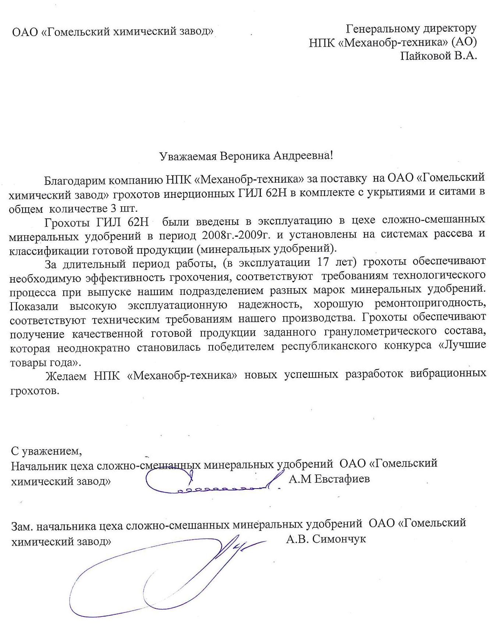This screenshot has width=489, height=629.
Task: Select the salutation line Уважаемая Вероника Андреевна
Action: [245, 156]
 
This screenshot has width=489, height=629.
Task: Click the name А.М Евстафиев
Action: [329, 479]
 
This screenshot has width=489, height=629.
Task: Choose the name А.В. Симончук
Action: [326, 539]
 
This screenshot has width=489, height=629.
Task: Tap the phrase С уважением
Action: [46, 450]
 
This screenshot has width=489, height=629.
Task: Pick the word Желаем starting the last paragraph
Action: [66, 376]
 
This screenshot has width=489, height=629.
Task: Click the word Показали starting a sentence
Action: [33, 305]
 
